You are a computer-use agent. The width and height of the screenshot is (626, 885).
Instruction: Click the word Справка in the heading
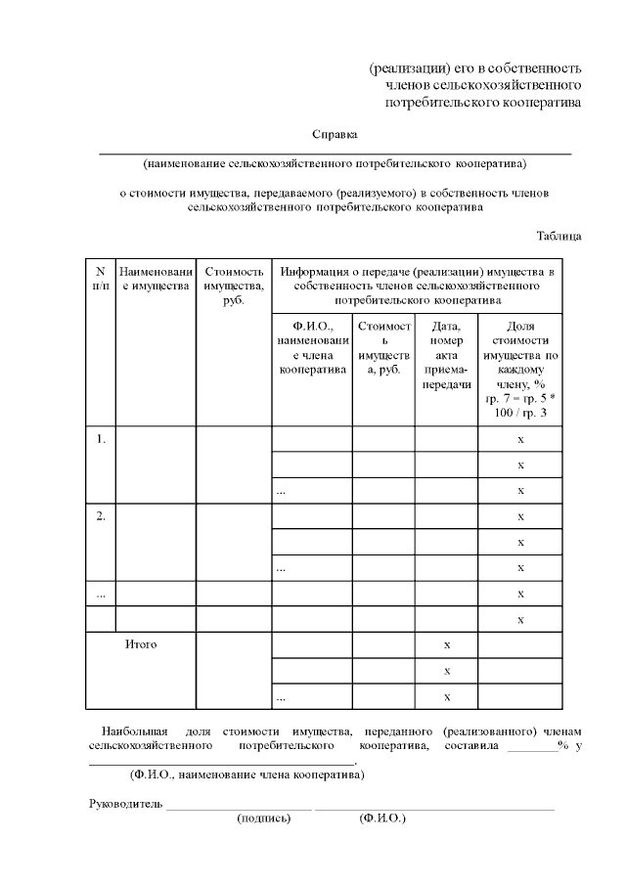[335, 134]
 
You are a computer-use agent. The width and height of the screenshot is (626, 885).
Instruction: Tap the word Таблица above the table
[559, 236]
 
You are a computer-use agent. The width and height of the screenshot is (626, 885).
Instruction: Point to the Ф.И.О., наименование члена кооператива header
[311, 348]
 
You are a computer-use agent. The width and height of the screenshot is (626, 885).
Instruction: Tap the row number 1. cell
[100, 439]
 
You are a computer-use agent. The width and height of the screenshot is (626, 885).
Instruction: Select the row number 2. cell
[100, 516]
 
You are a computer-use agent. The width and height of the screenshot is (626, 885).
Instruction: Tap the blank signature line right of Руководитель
[239, 808]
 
